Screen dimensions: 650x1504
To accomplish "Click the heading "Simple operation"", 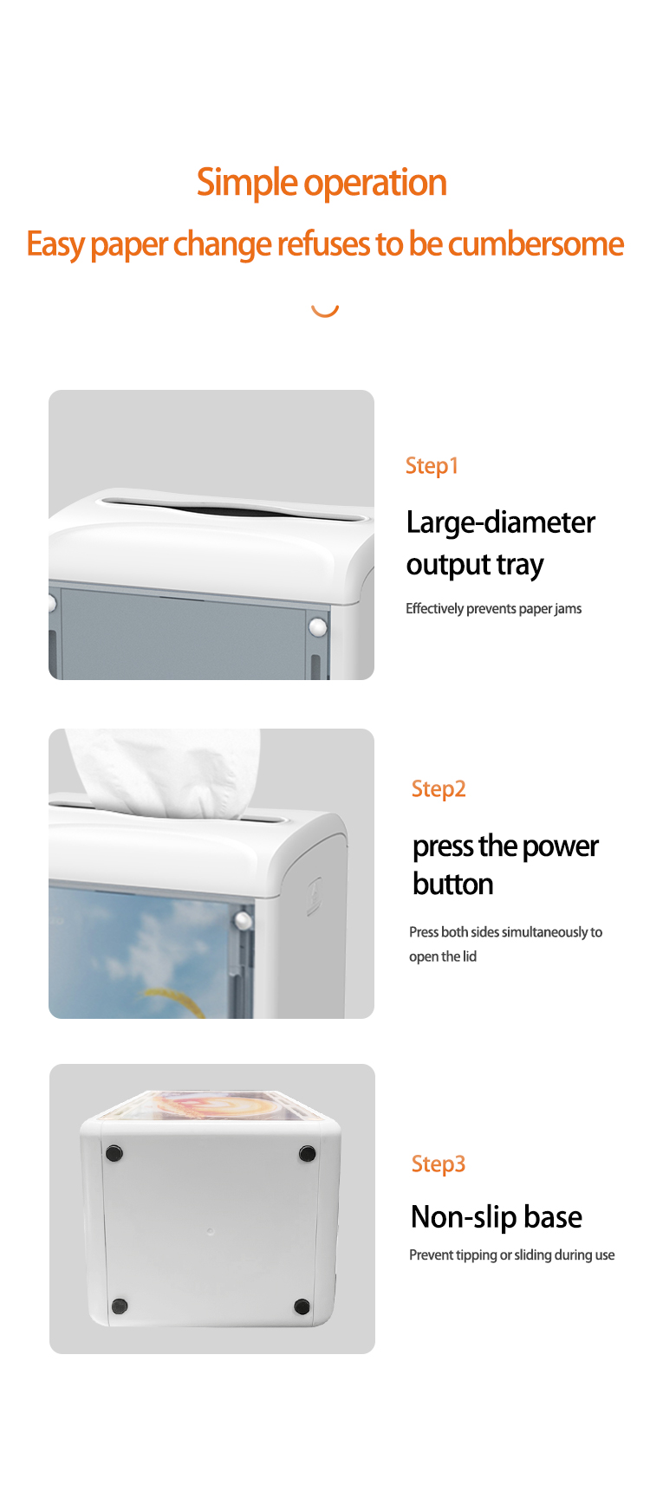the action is tap(322, 183).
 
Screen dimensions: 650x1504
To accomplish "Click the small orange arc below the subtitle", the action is tap(325, 311).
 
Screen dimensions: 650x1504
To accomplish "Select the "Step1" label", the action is tap(432, 466).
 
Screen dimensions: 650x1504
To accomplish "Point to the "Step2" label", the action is tap(439, 789).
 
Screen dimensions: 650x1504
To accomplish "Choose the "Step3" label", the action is tap(439, 1164).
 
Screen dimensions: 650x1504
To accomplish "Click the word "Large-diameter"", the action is tap(501, 522).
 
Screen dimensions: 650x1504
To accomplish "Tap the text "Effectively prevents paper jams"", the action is tap(493, 609).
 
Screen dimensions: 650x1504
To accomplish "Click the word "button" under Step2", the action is tap(452, 885).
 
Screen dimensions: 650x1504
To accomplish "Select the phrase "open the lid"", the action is tap(443, 956).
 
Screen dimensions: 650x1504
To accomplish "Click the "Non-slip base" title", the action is tap(497, 1217).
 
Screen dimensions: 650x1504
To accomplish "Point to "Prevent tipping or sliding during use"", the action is tap(511, 1255).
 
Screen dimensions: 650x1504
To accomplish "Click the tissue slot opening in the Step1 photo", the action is tap(234, 509).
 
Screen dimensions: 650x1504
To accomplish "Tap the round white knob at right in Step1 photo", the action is tap(318, 626).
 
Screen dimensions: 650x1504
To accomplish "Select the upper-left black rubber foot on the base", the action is tap(114, 1153).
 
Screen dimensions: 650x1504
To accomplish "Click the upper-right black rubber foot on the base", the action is tap(307, 1153).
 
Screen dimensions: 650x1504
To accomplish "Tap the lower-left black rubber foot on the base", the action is tap(120, 1306).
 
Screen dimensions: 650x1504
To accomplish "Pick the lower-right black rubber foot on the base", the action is tap(302, 1306).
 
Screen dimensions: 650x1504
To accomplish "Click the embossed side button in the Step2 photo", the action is tap(314, 897).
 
